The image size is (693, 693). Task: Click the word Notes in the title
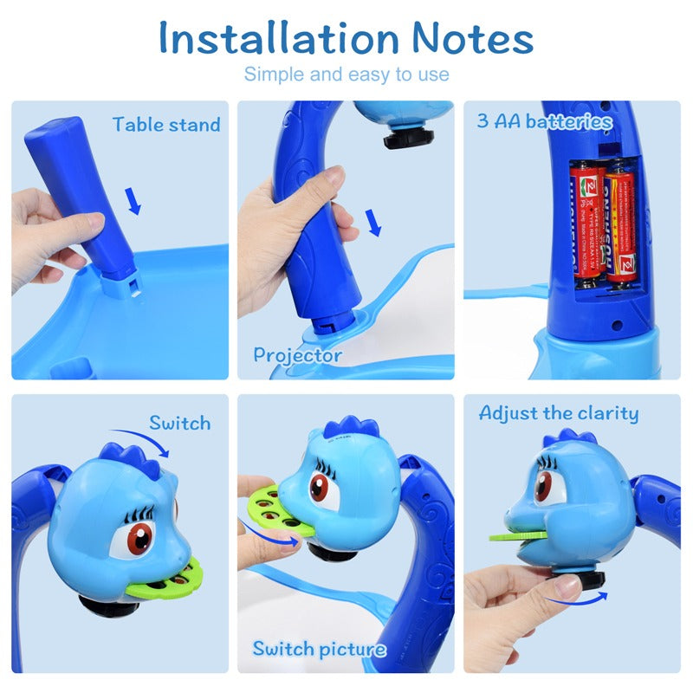472,38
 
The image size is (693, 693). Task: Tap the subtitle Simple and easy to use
346,74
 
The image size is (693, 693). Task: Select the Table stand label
166,125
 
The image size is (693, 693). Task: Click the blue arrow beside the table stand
133,201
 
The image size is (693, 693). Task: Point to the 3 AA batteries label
544,121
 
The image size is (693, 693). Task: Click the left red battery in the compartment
587,221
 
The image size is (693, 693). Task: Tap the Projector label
297,354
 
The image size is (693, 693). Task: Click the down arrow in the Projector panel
372,223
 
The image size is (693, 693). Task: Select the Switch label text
179,423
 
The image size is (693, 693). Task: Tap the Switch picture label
319,649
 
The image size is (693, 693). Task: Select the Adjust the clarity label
559,413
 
